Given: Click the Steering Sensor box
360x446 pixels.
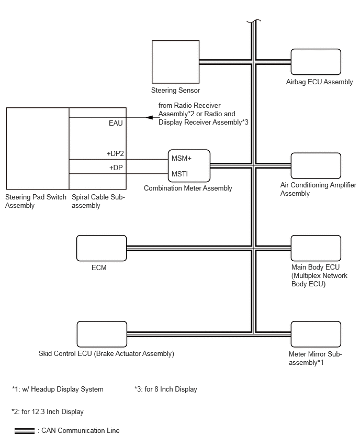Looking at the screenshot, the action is coord(175,62).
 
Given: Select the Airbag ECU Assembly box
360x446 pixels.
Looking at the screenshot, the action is coord(316,62).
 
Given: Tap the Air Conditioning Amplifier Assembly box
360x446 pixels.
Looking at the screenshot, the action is coord(316,165).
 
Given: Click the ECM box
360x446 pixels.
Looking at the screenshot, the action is coord(102,248).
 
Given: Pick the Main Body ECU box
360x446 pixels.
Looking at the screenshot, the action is coord(316,248).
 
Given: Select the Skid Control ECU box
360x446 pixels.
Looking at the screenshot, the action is coord(102,334).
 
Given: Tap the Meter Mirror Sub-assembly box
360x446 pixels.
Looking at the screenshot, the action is coord(316,334).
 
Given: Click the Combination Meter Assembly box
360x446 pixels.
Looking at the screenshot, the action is coord(189,166).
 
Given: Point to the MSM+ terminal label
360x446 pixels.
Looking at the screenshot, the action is coord(182,158).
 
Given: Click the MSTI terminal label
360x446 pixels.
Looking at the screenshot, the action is coord(179,174).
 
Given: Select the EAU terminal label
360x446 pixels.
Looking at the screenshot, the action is coord(116,123).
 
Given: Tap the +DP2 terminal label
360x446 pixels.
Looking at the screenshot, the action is coord(115,153).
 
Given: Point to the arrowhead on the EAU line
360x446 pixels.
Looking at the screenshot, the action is coord(149,117).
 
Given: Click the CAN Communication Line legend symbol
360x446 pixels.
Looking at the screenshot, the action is coord(25,431).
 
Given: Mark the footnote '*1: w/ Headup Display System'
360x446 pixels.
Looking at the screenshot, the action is coord(58,389).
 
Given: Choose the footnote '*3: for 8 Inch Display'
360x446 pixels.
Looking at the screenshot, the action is coord(166,389).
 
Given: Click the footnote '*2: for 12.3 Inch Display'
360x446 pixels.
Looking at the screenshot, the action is coord(48,411).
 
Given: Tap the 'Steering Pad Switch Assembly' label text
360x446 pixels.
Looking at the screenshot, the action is coord(36,201).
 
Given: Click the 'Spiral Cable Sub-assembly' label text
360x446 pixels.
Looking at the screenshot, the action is coord(98,201).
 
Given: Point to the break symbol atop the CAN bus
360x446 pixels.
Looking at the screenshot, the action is coord(254,21).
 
